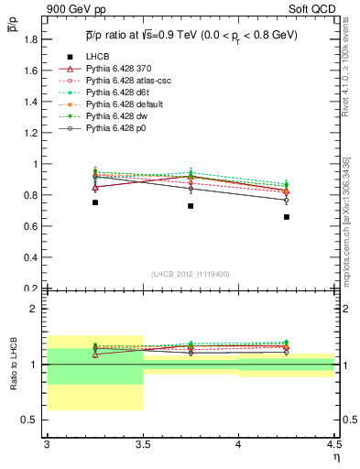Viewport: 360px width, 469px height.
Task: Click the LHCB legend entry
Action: pos(99,57)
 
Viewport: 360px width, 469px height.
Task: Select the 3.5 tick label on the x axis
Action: pos(143,445)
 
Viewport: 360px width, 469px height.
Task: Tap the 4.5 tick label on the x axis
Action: pos(333,445)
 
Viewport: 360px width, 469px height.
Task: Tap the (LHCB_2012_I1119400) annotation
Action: pos(191,274)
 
